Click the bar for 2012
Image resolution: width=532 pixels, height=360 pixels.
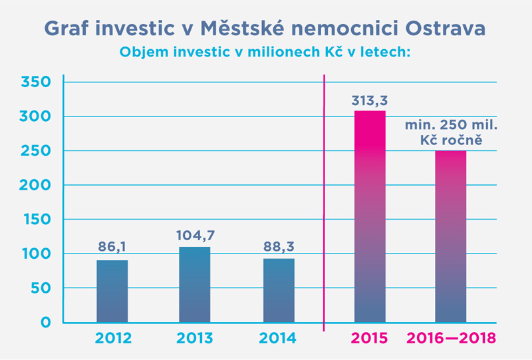pos(112,291)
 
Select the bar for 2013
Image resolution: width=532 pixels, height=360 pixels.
pos(194,285)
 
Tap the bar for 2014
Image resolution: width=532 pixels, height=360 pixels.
pos(278,291)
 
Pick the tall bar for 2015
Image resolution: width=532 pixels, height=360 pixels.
pos(370,217)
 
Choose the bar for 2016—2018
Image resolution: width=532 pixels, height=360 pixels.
pos(451,237)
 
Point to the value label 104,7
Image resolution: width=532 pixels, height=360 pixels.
pos(194,235)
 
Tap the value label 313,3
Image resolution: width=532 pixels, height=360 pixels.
pos(370,100)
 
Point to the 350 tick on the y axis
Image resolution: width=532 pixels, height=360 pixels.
pos(36,83)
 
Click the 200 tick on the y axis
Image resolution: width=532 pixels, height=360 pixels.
pos(36,186)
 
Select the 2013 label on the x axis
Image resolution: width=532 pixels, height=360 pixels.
pos(194,338)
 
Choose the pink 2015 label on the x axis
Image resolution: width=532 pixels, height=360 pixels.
pos(370,338)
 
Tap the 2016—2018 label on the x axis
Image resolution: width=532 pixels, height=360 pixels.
pos(452,338)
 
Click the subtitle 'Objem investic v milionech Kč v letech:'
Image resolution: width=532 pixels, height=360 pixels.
pos(266,51)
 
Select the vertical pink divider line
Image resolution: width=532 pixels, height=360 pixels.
pos(324,200)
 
